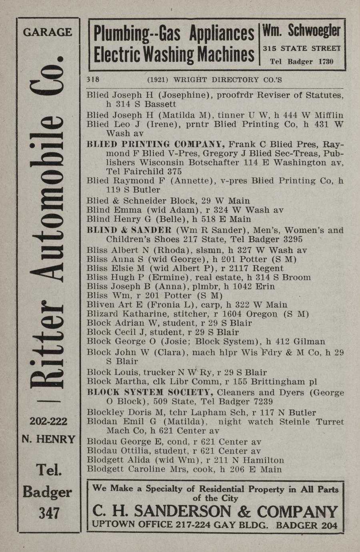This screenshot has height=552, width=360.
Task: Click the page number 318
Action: pos(93,80)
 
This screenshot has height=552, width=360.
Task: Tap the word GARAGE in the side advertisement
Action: pos(48,32)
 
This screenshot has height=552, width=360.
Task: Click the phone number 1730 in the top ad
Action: pos(326,62)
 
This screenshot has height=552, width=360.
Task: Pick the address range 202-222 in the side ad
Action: pos(48,421)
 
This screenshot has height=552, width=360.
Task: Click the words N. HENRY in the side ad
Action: pos(48,439)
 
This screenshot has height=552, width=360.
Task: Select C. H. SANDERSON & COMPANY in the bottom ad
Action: pos(215,511)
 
